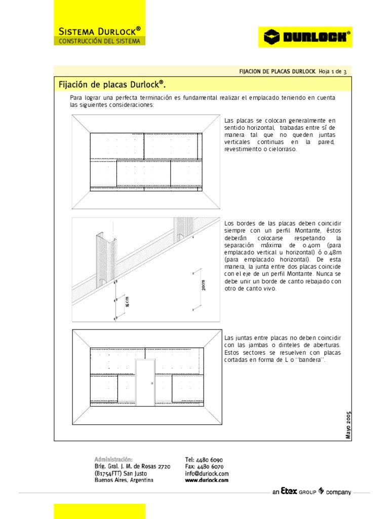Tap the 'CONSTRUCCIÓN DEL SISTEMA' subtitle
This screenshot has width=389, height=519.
tap(99, 41)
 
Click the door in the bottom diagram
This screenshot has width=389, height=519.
tap(145, 382)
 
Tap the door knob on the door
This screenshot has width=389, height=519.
tap(151, 384)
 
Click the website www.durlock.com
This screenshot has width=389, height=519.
tap(207, 480)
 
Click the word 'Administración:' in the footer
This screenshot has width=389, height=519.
tap(113, 459)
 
